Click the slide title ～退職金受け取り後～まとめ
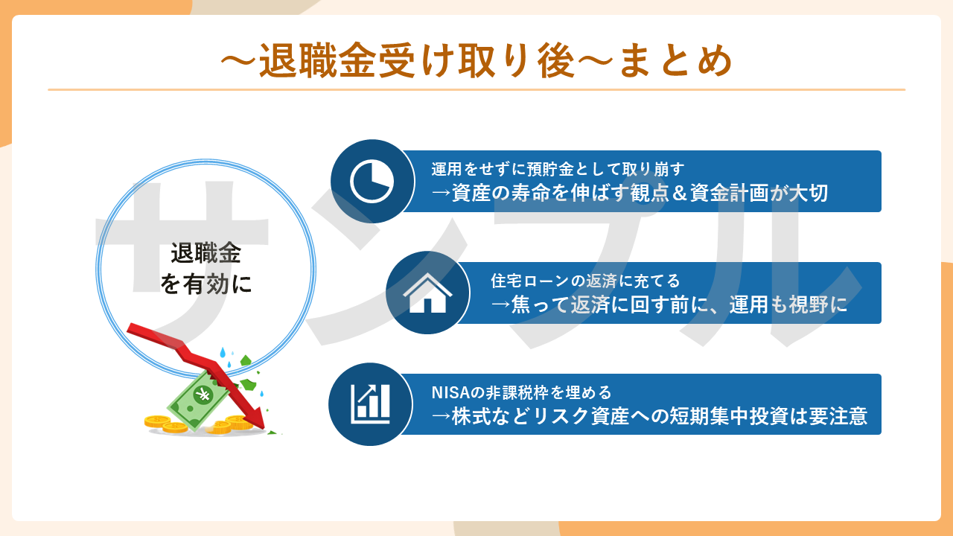476,60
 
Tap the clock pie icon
372,181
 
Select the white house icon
427,293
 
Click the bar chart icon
370,404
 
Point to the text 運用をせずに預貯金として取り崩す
558,169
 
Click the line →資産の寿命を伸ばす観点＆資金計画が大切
630,193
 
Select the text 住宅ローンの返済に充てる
585,281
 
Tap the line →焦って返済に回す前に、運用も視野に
669,304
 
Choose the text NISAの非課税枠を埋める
522,392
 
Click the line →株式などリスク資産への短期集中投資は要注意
649,416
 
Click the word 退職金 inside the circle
206,254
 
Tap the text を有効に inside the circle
206,284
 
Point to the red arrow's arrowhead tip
264,428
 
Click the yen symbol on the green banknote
202,395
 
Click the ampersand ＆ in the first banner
680,193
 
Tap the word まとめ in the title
676,61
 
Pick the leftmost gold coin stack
157,421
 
